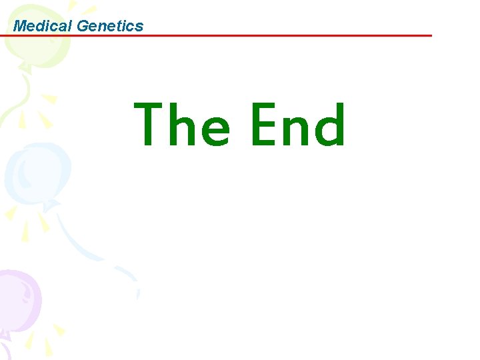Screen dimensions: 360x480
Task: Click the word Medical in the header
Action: (43, 26)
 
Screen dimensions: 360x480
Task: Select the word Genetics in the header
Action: (110, 26)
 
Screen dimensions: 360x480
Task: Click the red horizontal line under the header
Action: (267, 35)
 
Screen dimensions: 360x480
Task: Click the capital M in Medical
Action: (21, 26)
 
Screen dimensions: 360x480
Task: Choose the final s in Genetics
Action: (139, 27)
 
